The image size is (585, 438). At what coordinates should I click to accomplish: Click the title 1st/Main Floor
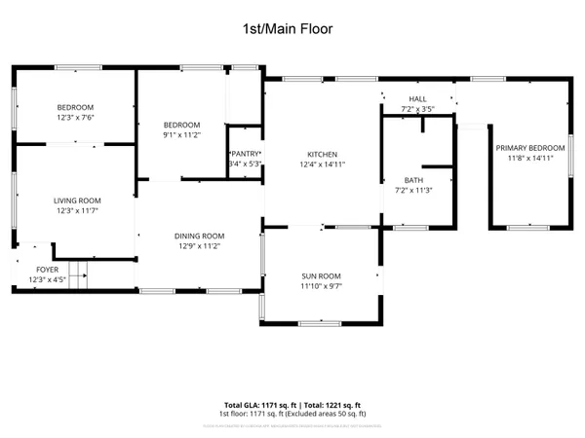tap(288, 30)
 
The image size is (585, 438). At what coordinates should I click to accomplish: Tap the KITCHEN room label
tap(322, 155)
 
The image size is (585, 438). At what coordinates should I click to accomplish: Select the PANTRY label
tap(244, 154)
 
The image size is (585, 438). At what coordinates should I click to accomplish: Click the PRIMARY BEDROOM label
tap(531, 148)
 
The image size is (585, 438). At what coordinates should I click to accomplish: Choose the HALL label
tap(417, 99)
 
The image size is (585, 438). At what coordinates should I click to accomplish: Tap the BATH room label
tap(414, 181)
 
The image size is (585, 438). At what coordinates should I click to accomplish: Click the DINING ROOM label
tap(199, 236)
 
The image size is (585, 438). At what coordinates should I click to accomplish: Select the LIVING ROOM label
tap(77, 201)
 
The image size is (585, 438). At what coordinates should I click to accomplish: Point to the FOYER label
tap(47, 270)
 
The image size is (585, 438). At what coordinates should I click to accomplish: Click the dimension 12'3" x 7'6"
tap(74, 117)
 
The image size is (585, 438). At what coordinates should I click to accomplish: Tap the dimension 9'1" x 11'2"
tap(181, 135)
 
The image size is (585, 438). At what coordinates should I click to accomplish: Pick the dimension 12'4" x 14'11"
tap(322, 164)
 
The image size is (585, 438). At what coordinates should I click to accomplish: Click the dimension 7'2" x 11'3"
tap(414, 191)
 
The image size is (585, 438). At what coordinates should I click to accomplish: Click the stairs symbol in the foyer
tap(78, 274)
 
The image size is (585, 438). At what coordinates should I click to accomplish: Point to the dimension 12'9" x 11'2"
tap(199, 246)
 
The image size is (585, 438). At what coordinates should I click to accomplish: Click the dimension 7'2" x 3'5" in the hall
tap(417, 109)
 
